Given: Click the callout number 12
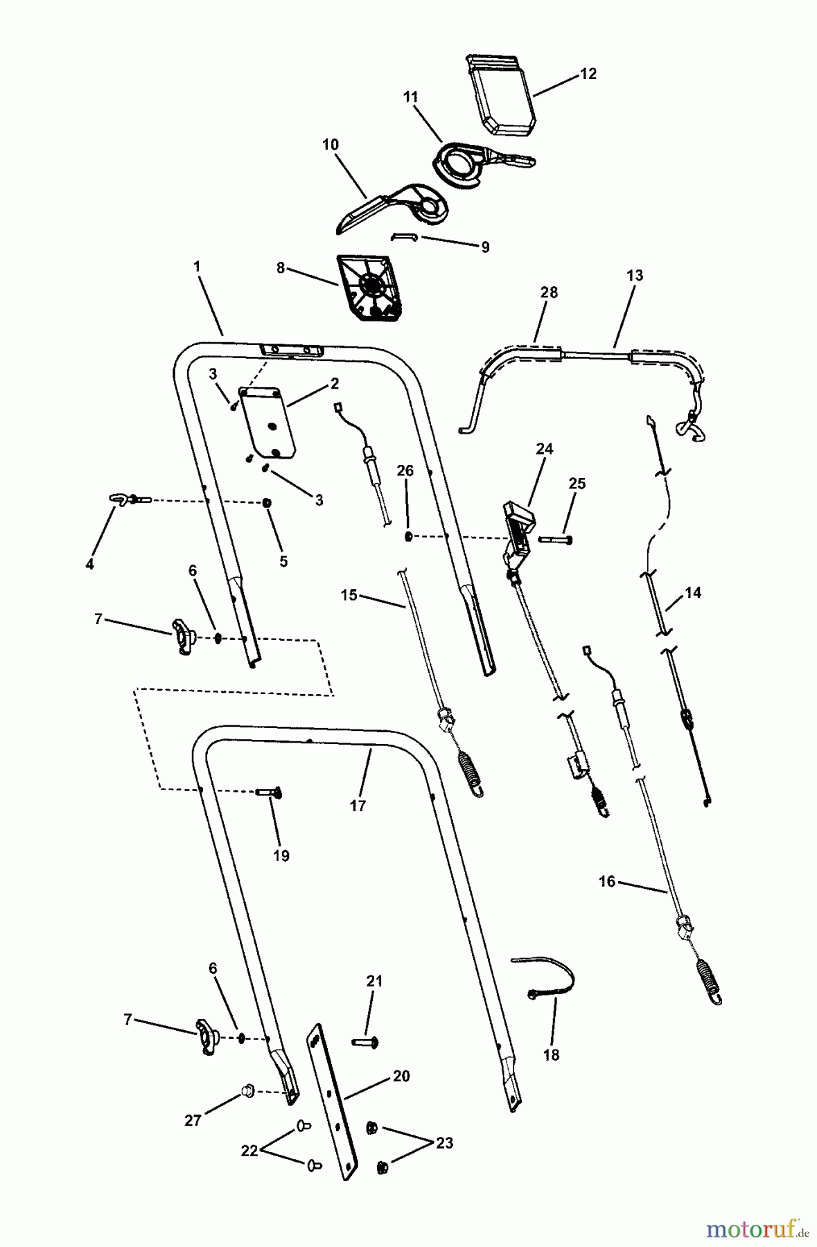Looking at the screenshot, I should pos(588,73).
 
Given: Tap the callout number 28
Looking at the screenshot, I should pos(549,292).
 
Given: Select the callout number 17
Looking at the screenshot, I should pos(358,806).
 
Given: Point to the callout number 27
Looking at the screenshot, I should pos(193,1120).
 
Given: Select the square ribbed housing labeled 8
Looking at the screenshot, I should pos(369,288).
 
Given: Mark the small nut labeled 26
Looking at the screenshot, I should pos(409,536).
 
